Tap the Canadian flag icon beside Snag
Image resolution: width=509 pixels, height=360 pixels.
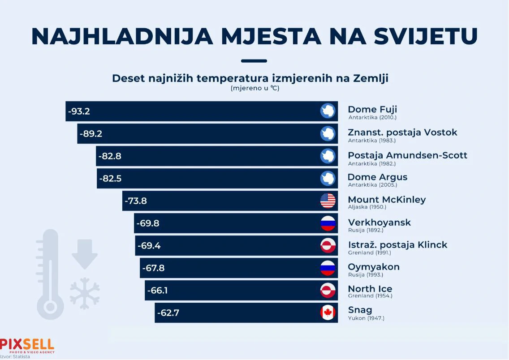(328, 313)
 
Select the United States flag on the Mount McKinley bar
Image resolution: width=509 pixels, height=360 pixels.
(328, 201)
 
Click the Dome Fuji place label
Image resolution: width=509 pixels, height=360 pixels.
(372, 110)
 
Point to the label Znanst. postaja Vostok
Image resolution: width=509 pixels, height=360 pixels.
(402, 133)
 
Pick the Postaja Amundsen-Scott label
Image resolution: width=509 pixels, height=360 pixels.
(407, 155)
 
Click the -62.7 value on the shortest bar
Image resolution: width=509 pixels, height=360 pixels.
(168, 313)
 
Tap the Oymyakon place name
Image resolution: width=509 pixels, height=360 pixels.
(374, 267)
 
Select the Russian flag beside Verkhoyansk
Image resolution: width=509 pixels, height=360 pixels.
(328, 223)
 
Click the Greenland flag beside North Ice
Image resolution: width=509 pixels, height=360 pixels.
(328, 290)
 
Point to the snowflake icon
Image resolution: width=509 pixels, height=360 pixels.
(85, 293)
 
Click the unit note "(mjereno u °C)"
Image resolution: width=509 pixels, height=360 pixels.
(255, 88)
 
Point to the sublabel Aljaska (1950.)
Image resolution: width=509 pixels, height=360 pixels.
(367, 207)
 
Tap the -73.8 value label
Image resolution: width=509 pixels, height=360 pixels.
(136, 201)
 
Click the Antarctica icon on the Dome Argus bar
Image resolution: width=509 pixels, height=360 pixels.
(328, 178)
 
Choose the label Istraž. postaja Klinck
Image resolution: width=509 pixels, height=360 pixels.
(397, 245)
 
